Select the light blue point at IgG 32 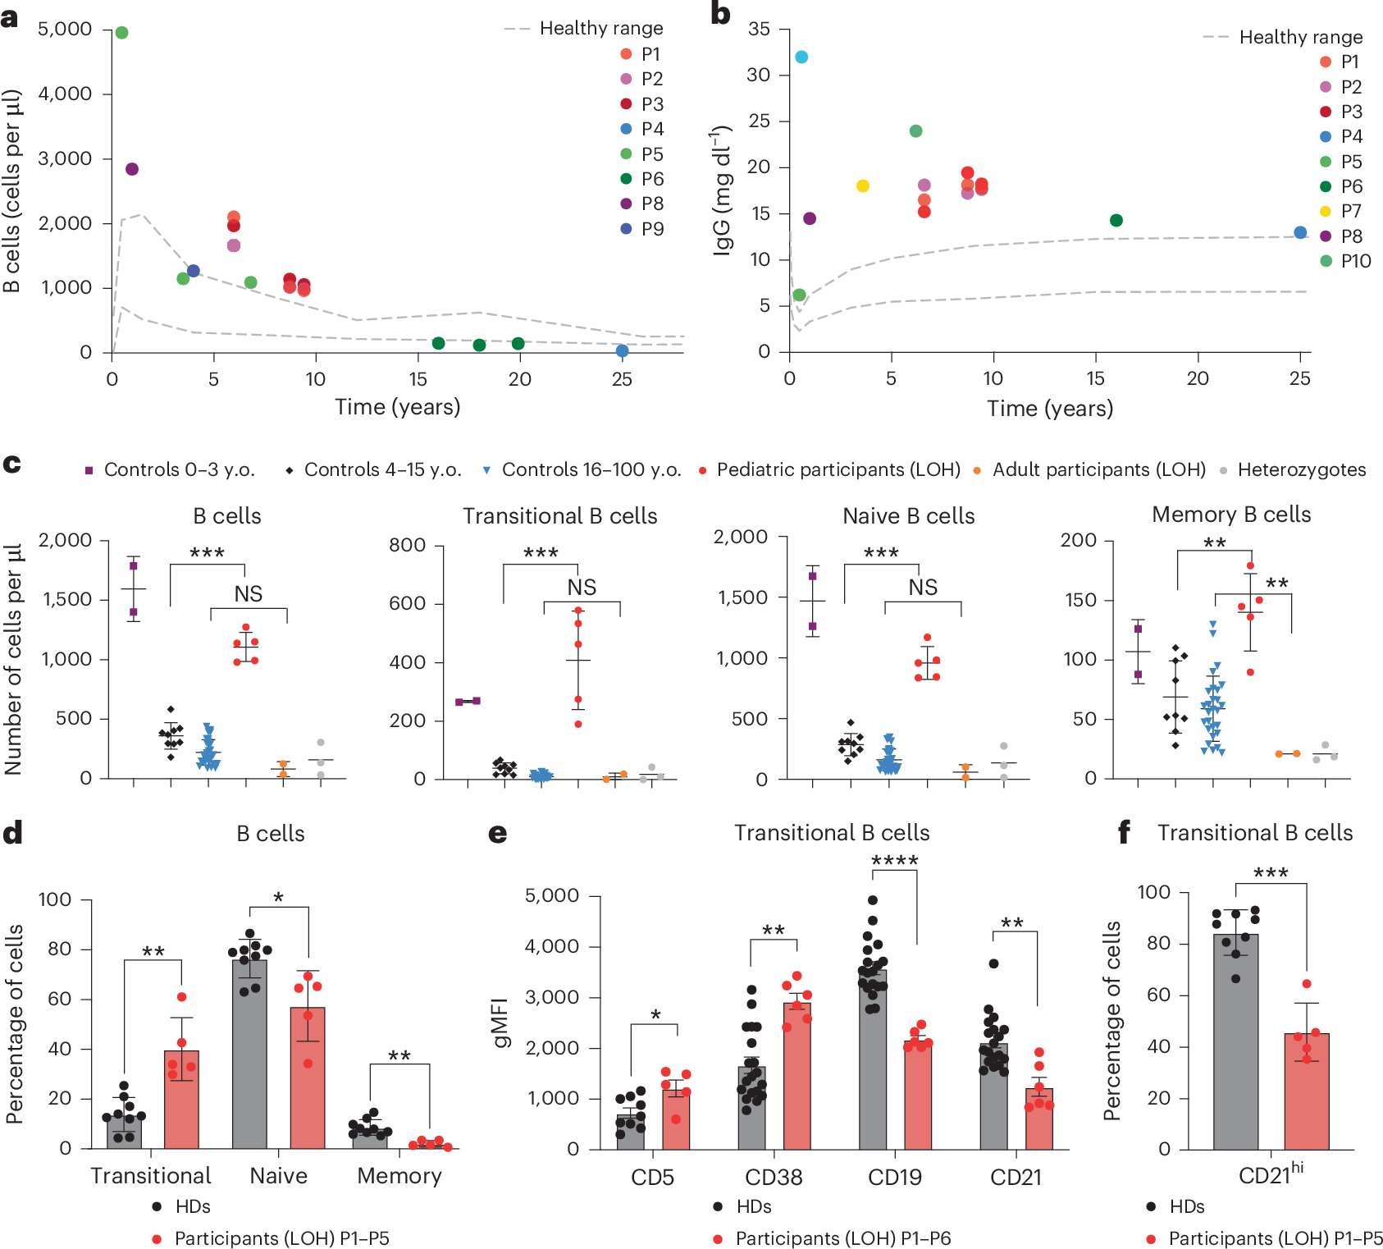click(801, 57)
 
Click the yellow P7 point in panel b click(862, 186)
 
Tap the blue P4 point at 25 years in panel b click(1300, 233)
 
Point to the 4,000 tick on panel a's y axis click(65, 94)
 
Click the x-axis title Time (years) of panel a click(398, 407)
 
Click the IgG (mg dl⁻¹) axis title click(721, 190)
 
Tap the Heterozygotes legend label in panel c click(1301, 470)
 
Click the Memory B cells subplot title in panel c click(1231, 515)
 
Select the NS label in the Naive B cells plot click(923, 588)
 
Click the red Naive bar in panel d click(308, 1077)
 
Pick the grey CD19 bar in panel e click(873, 1059)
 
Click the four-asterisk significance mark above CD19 click(894, 861)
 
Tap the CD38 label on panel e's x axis click(774, 1178)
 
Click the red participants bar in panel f click(1307, 1091)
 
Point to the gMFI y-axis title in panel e click(501, 1023)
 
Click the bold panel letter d click(12, 834)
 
